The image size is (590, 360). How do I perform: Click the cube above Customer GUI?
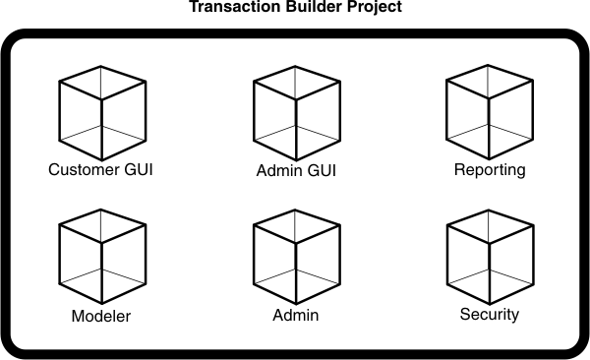[102, 113]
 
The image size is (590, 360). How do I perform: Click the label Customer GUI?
[101, 170]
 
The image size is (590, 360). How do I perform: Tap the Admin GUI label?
[295, 171]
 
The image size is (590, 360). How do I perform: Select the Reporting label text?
[490, 170]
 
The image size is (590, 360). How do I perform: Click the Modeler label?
[101, 316]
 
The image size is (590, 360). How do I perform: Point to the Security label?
[490, 315]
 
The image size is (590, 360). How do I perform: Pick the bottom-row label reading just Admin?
[296, 315]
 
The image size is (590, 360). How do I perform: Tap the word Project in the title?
[375, 7]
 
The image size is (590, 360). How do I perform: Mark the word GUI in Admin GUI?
[321, 171]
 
